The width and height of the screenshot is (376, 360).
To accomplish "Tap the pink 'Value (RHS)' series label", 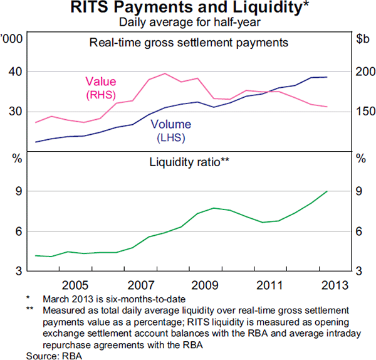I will tap(102, 87).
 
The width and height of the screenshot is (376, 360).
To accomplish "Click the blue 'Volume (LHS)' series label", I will tap(172, 130).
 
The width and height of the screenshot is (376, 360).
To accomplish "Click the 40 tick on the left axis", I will tap(14, 72).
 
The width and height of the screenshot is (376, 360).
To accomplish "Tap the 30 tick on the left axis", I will tap(14, 112).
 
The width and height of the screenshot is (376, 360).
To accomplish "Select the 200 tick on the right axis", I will tap(363, 72).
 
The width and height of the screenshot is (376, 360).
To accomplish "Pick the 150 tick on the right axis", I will tap(363, 112).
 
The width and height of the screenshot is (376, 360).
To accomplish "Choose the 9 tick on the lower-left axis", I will tap(15, 192).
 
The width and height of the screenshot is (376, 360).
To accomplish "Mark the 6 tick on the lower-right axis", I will tap(362, 232).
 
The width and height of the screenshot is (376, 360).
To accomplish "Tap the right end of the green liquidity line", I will tap(327, 191).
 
